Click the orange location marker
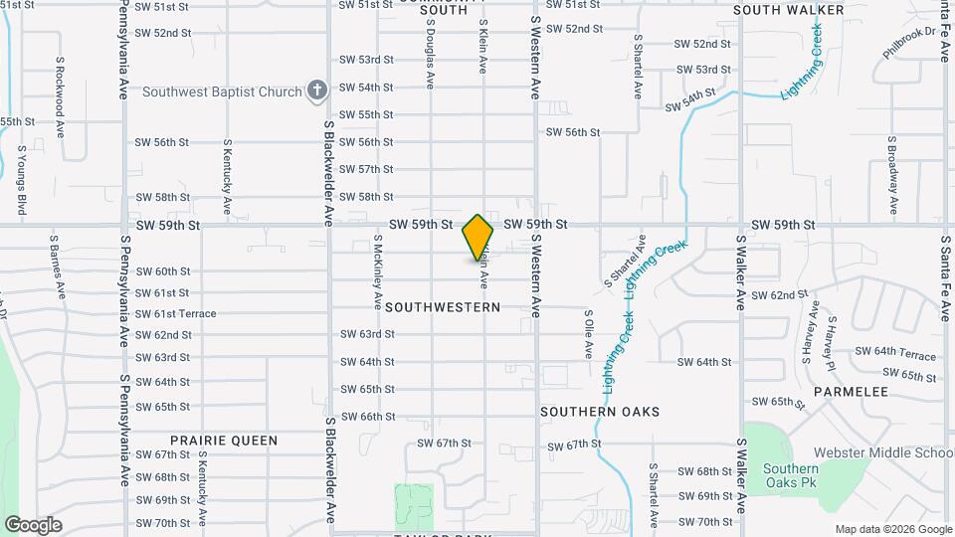(x=477, y=238)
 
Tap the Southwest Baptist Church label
(x=222, y=92)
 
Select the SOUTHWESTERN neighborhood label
(x=443, y=307)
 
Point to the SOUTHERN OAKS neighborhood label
(x=600, y=411)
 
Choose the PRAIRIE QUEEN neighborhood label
(x=224, y=440)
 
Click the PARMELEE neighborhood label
(x=850, y=392)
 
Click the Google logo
(x=33, y=524)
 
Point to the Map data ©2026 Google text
(x=892, y=529)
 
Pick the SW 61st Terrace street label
(x=176, y=314)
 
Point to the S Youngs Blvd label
(x=21, y=180)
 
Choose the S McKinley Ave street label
(x=378, y=270)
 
